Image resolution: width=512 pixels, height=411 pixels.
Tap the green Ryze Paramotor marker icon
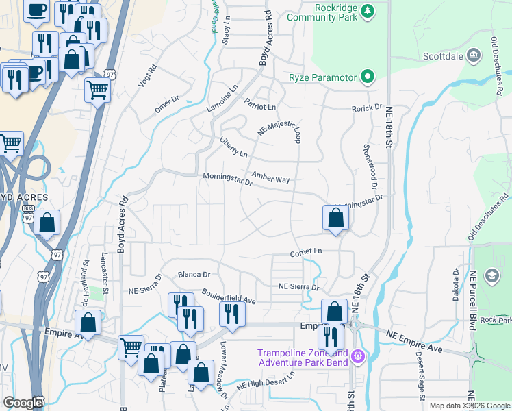click(x=368, y=77)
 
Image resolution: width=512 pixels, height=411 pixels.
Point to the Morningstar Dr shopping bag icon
click(x=335, y=219)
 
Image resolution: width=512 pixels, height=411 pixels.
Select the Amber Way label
click(x=270, y=177)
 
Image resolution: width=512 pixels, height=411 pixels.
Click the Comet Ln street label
click(x=305, y=252)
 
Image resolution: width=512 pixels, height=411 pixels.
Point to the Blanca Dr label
click(x=193, y=275)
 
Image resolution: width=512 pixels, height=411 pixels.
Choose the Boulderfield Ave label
click(x=228, y=297)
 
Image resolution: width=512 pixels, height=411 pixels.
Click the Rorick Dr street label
click(x=367, y=108)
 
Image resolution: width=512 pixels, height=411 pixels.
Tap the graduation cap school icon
click(x=491, y=276)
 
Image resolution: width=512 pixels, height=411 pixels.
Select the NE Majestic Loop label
click(x=279, y=128)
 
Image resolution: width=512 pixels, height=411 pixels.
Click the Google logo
click(x=23, y=403)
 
